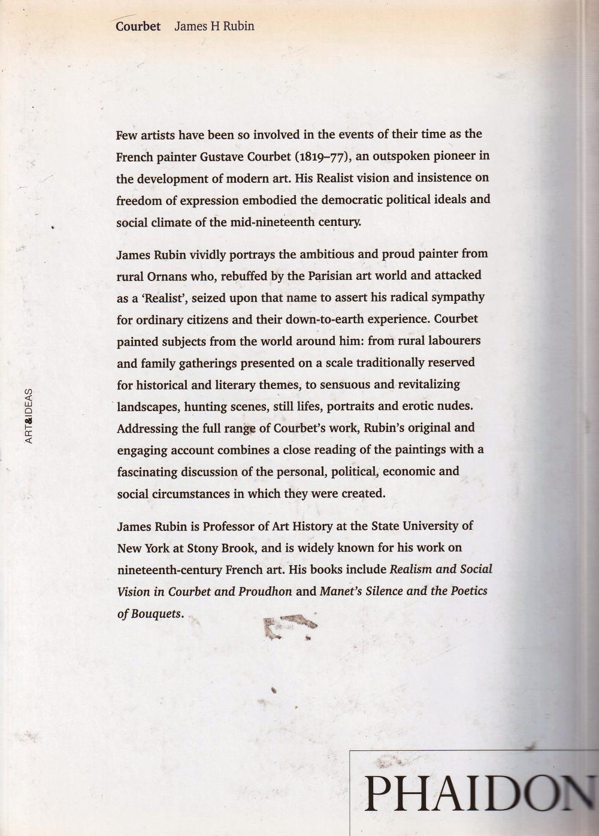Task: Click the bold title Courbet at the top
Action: tap(138, 26)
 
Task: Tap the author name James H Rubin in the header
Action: tap(214, 26)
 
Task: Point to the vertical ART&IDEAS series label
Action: tap(29, 416)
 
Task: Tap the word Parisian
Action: tap(330, 276)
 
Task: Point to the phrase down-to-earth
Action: tap(338, 319)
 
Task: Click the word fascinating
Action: tap(147, 472)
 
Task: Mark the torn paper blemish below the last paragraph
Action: tap(288, 626)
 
